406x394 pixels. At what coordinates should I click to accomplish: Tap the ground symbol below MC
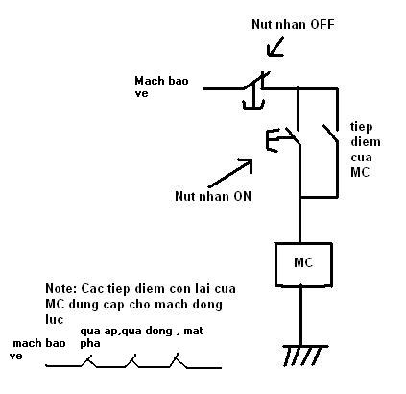click(304, 356)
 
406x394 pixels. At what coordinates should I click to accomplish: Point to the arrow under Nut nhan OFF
click(275, 47)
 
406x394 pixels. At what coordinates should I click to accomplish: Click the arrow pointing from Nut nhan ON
click(230, 173)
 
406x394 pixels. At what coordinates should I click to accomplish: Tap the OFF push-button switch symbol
click(255, 89)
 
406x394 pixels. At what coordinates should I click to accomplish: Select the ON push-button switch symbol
click(283, 139)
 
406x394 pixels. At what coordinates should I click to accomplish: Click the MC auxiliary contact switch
click(331, 134)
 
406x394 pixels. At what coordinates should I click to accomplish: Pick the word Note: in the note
click(61, 288)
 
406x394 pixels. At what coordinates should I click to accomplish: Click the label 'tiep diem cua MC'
click(366, 150)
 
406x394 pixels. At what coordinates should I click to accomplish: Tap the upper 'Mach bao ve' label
click(161, 86)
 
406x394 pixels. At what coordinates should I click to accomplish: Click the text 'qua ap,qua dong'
click(126, 331)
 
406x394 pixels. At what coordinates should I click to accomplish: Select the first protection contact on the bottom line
click(87, 361)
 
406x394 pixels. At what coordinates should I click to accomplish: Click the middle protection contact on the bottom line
click(131, 361)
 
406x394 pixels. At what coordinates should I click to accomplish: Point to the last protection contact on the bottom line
click(178, 360)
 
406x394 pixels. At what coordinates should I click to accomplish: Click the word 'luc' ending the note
click(54, 319)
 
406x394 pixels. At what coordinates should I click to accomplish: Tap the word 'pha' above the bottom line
click(90, 344)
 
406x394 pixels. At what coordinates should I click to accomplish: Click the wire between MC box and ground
click(300, 316)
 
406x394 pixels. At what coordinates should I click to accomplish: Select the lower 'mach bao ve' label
click(37, 349)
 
